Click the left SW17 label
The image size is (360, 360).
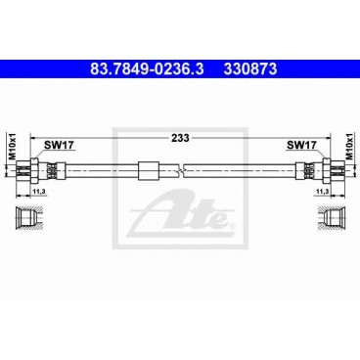(58, 145)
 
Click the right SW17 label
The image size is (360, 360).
(300, 145)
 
